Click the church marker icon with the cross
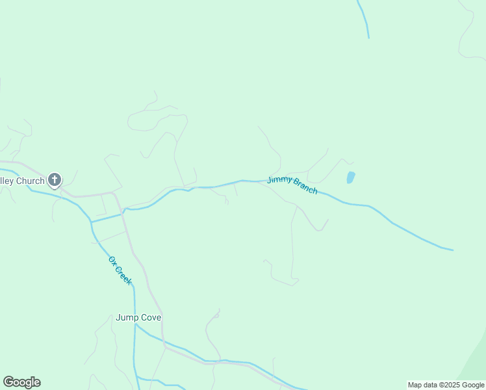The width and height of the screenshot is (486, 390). pos(55,180)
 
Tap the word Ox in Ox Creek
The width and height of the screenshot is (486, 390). pos(112,261)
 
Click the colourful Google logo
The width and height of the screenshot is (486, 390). pos(21,382)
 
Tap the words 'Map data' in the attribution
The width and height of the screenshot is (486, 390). pos(423,385)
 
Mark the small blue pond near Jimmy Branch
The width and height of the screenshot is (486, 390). pos(351,177)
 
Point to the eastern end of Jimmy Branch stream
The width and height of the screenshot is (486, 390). pos(451,250)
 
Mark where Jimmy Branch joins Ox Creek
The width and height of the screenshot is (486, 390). pos(92,222)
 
